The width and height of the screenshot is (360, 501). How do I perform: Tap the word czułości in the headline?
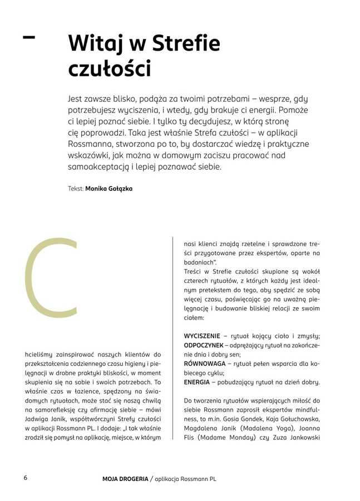tap(109, 69)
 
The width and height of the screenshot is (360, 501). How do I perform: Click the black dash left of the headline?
tap(28, 37)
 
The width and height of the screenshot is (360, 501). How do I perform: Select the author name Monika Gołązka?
tap(109, 189)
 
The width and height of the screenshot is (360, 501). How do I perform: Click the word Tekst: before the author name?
tap(75, 189)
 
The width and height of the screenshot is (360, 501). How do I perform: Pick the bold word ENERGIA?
tap(196, 382)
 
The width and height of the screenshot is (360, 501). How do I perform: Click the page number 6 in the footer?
tap(26, 478)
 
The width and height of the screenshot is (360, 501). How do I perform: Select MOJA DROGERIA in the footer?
tap(125, 479)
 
